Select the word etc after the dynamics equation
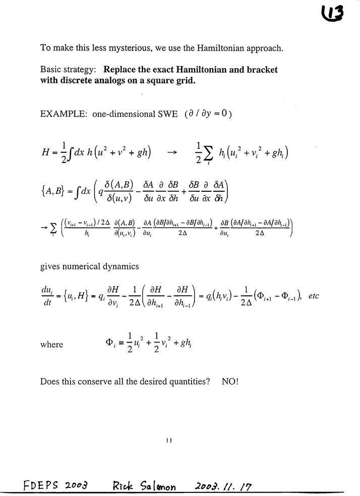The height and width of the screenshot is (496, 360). pyautogui.click(x=313, y=296)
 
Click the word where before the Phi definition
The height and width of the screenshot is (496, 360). pyautogui.click(x=51, y=345)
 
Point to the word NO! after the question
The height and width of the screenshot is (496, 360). pyautogui.click(x=230, y=381)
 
